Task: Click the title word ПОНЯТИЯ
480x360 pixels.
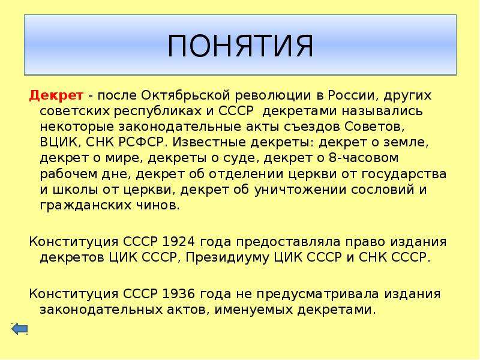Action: coord(240,46)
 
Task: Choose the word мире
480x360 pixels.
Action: coord(120,158)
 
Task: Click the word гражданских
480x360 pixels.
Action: coord(79,205)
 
